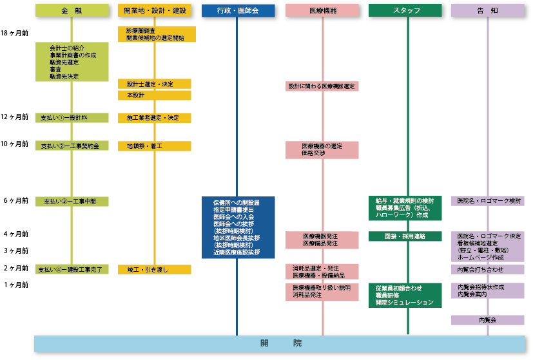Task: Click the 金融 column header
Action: click(x=72, y=10)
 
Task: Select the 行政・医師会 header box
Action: click(x=238, y=10)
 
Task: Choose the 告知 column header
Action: click(x=487, y=10)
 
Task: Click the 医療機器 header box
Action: click(x=322, y=10)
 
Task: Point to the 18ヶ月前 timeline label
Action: click(x=14, y=33)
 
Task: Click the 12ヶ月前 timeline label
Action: click(x=14, y=117)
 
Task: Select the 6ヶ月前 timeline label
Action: click(x=15, y=201)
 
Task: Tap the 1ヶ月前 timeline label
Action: click(x=15, y=285)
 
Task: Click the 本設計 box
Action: click(x=155, y=95)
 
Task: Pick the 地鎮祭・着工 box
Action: click(x=155, y=146)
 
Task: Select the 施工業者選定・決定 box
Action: click(x=155, y=118)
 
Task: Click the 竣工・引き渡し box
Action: click(x=155, y=269)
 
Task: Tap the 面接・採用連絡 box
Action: click(x=405, y=236)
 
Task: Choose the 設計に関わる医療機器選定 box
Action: click(x=322, y=86)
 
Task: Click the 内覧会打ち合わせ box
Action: click(x=487, y=269)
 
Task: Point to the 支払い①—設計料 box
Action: click(x=72, y=118)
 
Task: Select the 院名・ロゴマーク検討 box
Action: click(x=487, y=202)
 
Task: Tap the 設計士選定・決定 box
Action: click(x=155, y=84)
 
